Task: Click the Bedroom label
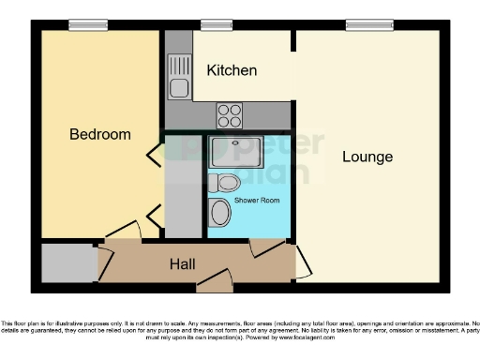click(100, 134)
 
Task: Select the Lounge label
click(367, 157)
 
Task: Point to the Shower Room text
click(254, 201)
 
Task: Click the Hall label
click(182, 264)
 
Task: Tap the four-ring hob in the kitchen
click(230, 115)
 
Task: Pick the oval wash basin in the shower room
click(220, 213)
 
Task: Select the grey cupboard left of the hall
click(67, 262)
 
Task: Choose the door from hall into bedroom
click(122, 230)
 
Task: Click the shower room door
click(267, 246)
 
